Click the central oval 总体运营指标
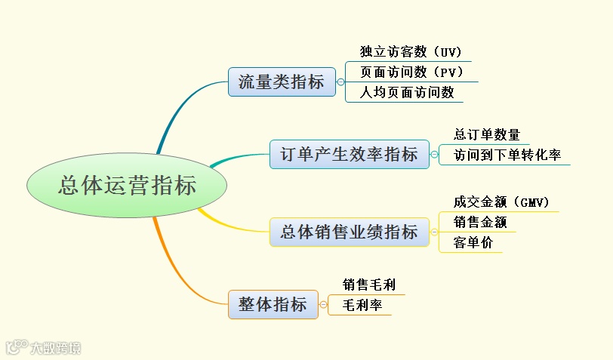126,186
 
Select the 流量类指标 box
281,82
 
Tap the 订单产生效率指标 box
349,155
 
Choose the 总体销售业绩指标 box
349,232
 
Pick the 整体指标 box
273,304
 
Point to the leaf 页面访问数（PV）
411,72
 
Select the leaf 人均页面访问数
406,93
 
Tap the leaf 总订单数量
486,135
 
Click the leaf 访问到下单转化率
507,155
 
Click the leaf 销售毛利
368,285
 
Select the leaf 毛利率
362,306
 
